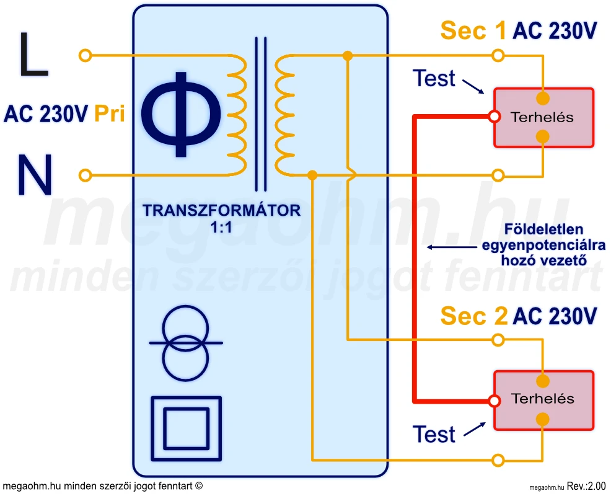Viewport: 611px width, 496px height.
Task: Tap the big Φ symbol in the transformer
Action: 181,114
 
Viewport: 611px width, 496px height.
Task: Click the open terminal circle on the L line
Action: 86,56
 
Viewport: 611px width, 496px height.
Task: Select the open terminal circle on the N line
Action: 86,175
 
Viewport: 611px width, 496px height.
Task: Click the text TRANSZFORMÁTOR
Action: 221,211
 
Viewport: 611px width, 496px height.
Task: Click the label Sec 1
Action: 473,30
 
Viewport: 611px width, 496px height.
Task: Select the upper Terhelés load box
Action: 543,117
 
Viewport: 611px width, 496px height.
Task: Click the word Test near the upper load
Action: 434,79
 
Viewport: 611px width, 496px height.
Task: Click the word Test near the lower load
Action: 434,435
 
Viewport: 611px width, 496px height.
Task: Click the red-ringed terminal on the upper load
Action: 494,117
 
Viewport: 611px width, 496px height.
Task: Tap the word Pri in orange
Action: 110,114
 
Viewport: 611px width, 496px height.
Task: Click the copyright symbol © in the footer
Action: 199,487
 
